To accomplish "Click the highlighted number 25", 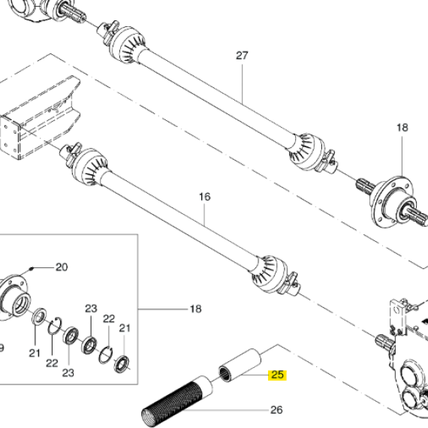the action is [277, 375].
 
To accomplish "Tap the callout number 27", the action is [242, 56].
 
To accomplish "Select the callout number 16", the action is [205, 197].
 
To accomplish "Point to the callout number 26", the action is [276, 410].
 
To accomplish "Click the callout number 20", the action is [62, 267].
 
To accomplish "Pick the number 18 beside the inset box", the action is [195, 309].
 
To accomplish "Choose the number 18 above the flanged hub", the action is [402, 128].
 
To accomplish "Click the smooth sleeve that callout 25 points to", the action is [240, 366].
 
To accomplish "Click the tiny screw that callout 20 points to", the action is [32, 269].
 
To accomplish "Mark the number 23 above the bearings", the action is [91, 309].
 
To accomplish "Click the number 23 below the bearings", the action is [68, 372].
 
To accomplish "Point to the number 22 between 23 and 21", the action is [109, 318].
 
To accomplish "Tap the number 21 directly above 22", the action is [125, 328].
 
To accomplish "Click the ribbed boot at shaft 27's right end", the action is [307, 151].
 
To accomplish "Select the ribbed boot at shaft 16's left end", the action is [91, 166].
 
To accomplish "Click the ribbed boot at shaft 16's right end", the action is [269, 273].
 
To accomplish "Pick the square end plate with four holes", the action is [11, 137].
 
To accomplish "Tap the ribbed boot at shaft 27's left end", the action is [128, 45].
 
